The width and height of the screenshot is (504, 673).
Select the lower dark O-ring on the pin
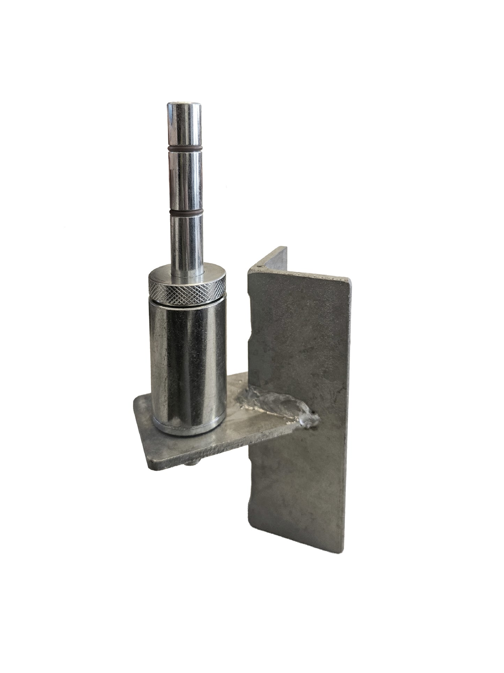tap(186, 212)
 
